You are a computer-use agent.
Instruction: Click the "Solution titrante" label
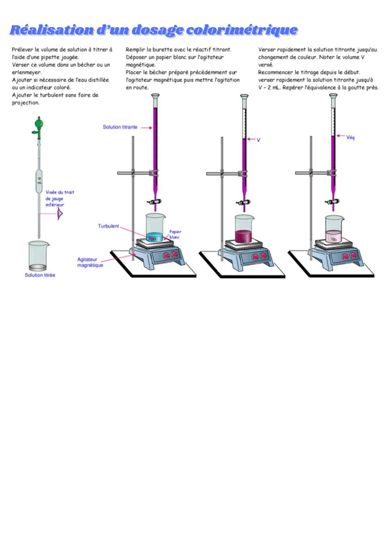click(x=120, y=127)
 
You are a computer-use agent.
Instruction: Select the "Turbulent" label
click(x=108, y=226)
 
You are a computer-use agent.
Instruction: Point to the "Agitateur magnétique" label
click(x=90, y=262)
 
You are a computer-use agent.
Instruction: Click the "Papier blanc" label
click(x=175, y=234)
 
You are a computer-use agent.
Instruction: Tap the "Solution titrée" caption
click(x=40, y=275)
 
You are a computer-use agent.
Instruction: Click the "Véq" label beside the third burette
click(x=350, y=137)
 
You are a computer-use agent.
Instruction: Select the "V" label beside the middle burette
click(x=259, y=140)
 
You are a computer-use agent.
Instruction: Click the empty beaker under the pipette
click(x=38, y=256)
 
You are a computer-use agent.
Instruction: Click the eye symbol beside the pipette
click(x=60, y=215)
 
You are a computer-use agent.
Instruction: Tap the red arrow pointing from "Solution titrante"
click(x=146, y=128)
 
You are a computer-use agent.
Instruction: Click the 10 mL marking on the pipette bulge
click(x=39, y=180)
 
